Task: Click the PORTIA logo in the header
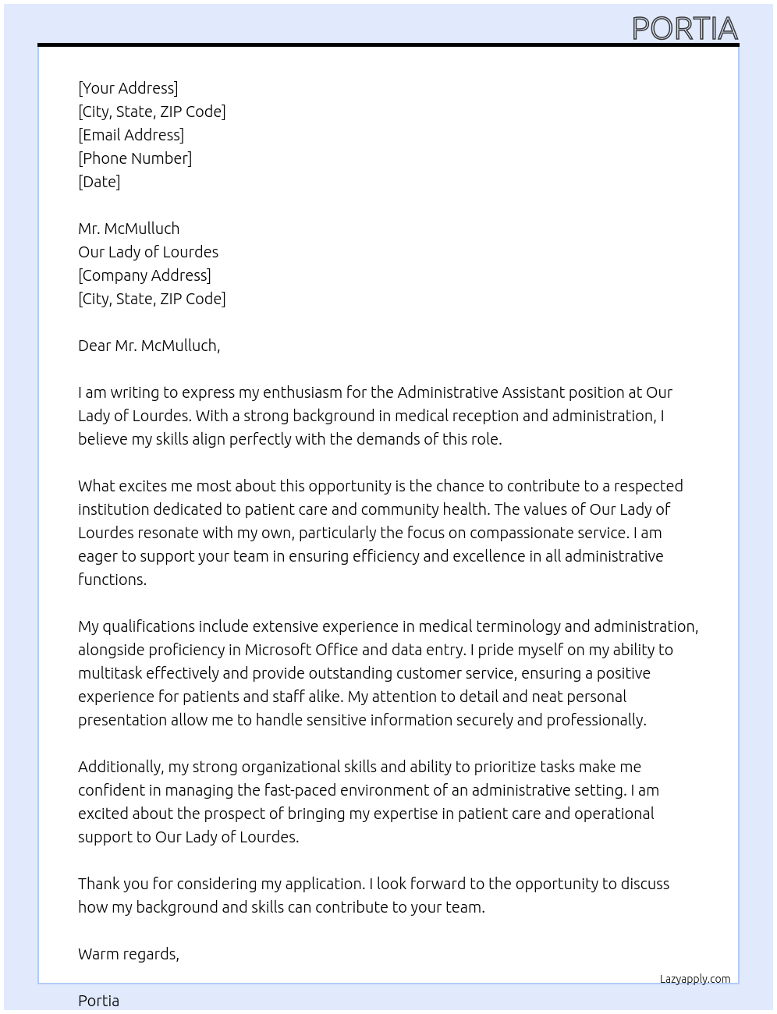tap(684, 28)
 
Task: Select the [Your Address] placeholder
tap(128, 88)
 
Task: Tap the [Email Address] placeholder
tap(131, 135)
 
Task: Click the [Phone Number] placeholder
tap(135, 158)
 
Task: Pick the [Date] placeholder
tap(99, 182)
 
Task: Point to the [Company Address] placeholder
tap(144, 275)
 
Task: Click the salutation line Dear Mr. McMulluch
tap(149, 346)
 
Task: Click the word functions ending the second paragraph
tap(112, 580)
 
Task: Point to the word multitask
tap(109, 673)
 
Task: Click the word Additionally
tap(121, 767)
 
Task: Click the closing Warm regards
tap(129, 954)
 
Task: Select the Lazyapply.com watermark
tap(695, 979)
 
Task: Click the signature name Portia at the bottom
tap(99, 1001)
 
